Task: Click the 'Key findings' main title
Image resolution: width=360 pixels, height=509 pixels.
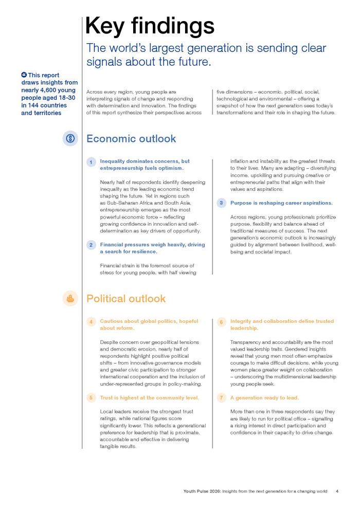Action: coord(150,26)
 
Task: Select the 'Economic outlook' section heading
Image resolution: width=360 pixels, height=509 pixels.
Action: coord(131,139)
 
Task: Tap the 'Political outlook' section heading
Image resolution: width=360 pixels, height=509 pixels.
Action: coord(126,299)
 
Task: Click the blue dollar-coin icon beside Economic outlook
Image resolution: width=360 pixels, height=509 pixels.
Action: coord(70,138)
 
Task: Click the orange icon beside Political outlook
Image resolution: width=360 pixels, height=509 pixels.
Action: coord(70,298)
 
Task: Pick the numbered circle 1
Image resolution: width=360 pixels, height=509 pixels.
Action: coord(91,162)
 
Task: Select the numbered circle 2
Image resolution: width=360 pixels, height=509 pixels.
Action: coord(91,245)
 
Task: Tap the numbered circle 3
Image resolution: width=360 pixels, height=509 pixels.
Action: coord(221,203)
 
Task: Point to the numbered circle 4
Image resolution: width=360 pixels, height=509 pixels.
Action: coord(91,322)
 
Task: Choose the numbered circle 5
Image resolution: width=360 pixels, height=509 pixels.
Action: coord(91,398)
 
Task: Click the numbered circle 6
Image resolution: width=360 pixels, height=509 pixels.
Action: coord(221,322)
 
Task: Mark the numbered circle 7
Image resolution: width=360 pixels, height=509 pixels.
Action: coord(221,398)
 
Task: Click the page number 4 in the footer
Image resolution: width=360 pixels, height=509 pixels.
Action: coord(337,491)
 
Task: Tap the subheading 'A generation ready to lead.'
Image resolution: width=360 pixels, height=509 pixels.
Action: coord(264,398)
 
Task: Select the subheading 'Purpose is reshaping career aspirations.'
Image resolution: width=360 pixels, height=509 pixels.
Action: coord(281,203)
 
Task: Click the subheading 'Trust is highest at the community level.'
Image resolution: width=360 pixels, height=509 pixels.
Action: coord(149,398)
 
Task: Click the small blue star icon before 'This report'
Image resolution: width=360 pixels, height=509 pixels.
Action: coord(24,75)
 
